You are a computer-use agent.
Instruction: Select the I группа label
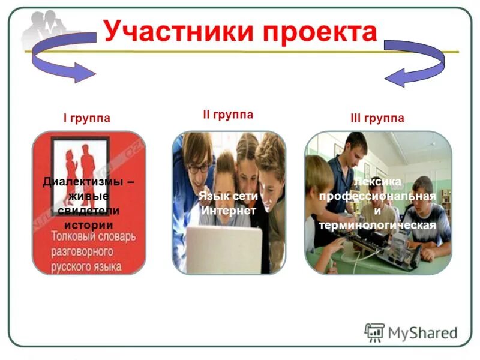click(x=87, y=118)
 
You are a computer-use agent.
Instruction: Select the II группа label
click(x=227, y=115)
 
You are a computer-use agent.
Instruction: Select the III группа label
click(x=377, y=118)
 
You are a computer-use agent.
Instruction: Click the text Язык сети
click(x=228, y=196)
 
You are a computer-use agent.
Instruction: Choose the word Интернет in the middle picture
click(x=228, y=211)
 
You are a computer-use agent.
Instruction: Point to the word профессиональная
click(x=377, y=197)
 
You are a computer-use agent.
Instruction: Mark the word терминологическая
click(x=377, y=226)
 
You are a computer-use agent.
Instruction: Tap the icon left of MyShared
click(x=374, y=332)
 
